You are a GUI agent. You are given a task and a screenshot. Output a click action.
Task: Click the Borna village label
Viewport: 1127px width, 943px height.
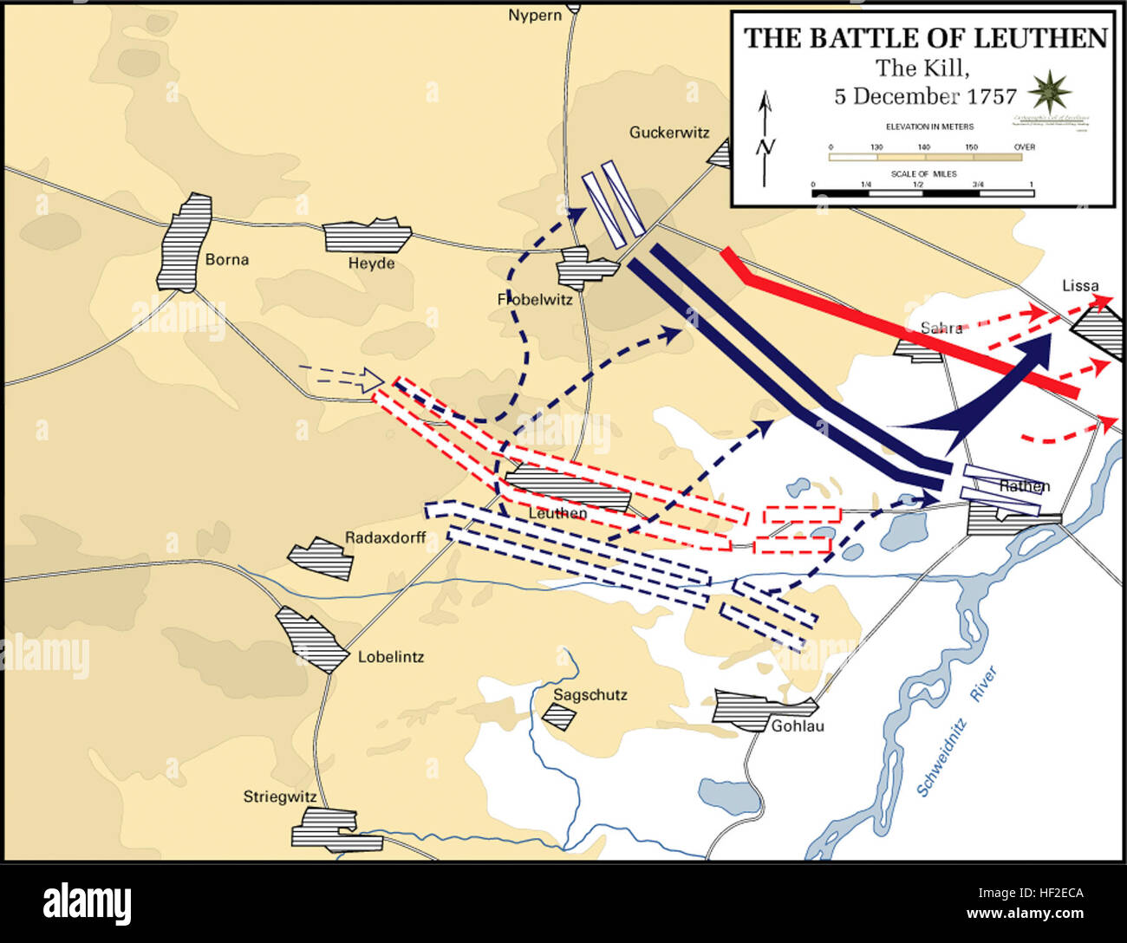point(227,259)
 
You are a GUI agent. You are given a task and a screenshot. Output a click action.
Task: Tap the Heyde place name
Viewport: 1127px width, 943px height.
point(371,263)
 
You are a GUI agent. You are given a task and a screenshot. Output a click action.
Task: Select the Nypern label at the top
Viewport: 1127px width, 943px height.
point(535,15)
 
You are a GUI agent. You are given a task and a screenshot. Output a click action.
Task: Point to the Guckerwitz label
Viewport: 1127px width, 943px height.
point(668,133)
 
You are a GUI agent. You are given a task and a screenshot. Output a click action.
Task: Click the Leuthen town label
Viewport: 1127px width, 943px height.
point(557,513)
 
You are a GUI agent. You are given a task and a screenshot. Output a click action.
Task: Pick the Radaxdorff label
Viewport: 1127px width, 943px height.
point(385,537)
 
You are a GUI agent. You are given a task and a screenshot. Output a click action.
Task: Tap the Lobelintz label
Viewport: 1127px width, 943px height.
point(391,657)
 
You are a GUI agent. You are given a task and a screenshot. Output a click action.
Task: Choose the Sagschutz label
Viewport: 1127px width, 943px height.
point(590,695)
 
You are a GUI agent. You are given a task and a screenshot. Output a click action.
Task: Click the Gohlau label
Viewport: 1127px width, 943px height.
point(798,725)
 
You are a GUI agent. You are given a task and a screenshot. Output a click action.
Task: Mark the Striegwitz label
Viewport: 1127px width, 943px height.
point(279,797)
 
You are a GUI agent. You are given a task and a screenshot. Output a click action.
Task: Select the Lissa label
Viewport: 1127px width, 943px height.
point(1080,285)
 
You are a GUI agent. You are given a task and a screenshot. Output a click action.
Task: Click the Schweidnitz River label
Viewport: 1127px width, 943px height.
point(958,732)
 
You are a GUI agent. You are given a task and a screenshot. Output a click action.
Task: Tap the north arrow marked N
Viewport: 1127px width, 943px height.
point(765,139)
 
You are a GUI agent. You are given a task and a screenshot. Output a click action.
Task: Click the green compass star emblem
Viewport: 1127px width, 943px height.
point(1051,91)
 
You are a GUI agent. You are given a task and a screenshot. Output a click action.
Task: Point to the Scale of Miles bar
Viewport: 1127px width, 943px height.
point(922,192)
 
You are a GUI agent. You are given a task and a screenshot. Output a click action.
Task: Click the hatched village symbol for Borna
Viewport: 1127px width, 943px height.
point(185,243)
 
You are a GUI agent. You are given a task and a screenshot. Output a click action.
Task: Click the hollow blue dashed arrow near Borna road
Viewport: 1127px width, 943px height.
point(342,377)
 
